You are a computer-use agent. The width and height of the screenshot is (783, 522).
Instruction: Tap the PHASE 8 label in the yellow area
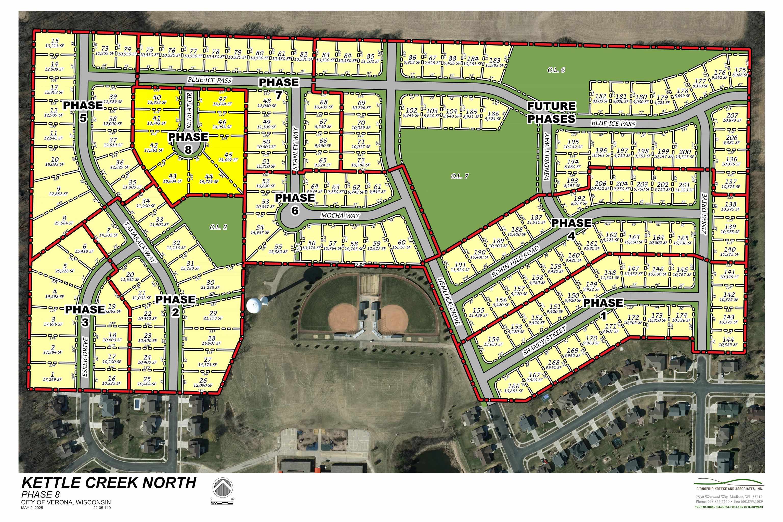coord(188,142)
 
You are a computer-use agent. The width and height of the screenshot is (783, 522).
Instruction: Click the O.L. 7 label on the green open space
coord(460,176)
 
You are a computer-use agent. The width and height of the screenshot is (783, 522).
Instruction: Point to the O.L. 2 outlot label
coord(218,227)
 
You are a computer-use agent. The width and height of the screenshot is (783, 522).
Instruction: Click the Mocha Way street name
coord(340,215)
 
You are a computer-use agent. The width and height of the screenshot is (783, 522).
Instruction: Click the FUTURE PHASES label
coord(551,112)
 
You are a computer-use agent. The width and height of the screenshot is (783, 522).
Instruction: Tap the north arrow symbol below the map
coord(222,489)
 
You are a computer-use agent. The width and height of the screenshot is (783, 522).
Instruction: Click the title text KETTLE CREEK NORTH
coord(109,483)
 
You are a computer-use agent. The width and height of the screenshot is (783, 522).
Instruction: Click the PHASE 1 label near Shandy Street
coord(603,308)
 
